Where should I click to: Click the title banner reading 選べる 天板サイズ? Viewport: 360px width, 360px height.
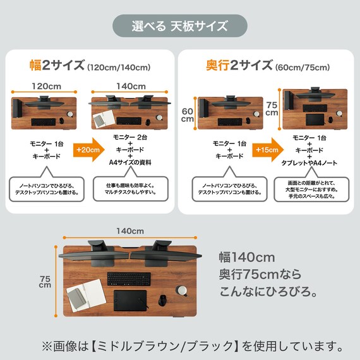coord(179,27)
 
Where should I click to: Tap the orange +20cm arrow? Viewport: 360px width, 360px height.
coord(87,150)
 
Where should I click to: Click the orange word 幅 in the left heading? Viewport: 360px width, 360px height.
coord(36,66)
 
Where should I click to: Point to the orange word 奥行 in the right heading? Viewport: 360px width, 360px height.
coord(217,66)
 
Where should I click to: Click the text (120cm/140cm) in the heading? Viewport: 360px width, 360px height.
coord(119,67)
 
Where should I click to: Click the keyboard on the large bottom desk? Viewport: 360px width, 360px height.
coord(129,278)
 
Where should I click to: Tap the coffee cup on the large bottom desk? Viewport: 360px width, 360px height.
coord(182,290)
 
